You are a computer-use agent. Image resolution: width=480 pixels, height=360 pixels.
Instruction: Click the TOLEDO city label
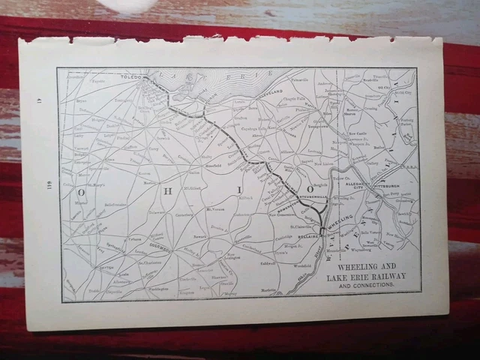[132, 76]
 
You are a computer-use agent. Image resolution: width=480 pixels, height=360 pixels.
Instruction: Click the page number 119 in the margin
[46, 187]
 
